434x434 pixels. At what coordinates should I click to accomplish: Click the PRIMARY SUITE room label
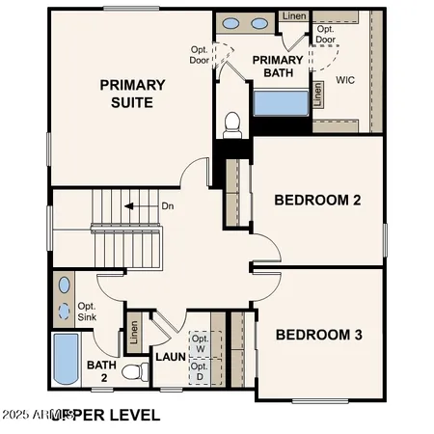click(132, 94)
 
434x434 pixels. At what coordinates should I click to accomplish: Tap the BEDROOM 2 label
click(317, 201)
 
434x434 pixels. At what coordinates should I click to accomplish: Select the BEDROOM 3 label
click(318, 336)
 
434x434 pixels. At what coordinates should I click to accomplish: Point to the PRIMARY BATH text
click(278, 67)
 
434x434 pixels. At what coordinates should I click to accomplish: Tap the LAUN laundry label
click(170, 357)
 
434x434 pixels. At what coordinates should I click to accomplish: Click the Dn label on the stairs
click(168, 205)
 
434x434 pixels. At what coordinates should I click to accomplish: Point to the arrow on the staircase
click(142, 205)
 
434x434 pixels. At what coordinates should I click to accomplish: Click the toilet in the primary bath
click(231, 122)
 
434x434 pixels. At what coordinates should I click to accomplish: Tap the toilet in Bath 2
click(130, 371)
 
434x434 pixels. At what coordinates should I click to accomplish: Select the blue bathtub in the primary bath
click(282, 101)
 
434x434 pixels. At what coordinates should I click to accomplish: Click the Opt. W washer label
click(200, 343)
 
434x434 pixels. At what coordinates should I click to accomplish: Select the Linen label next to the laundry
click(134, 332)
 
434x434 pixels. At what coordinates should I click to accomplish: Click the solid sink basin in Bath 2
click(65, 285)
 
